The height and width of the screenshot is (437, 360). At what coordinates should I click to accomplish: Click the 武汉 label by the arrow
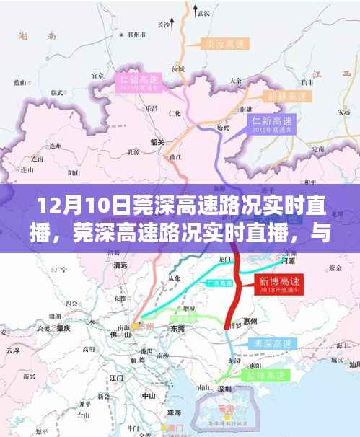[x=208, y=14]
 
